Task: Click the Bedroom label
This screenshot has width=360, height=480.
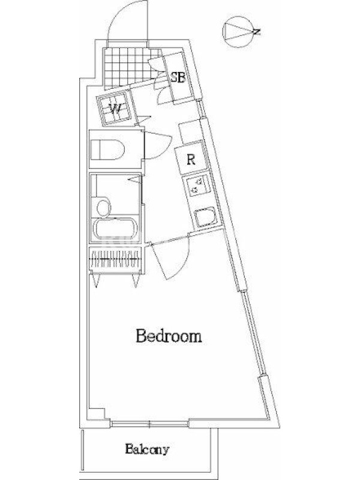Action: coord(169,336)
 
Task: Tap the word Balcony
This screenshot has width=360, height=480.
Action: coord(147,449)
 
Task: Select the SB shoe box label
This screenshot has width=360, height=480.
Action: coord(178,77)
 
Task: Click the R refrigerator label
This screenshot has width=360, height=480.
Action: coord(191,160)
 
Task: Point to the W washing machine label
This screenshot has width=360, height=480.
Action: coord(115,109)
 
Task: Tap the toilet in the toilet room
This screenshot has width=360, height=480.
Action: coord(107,150)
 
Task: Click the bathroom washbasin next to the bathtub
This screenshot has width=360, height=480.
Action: coord(103,207)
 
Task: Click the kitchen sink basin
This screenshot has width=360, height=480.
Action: coord(206,217)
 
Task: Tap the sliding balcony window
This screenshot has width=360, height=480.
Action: coord(149,424)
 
